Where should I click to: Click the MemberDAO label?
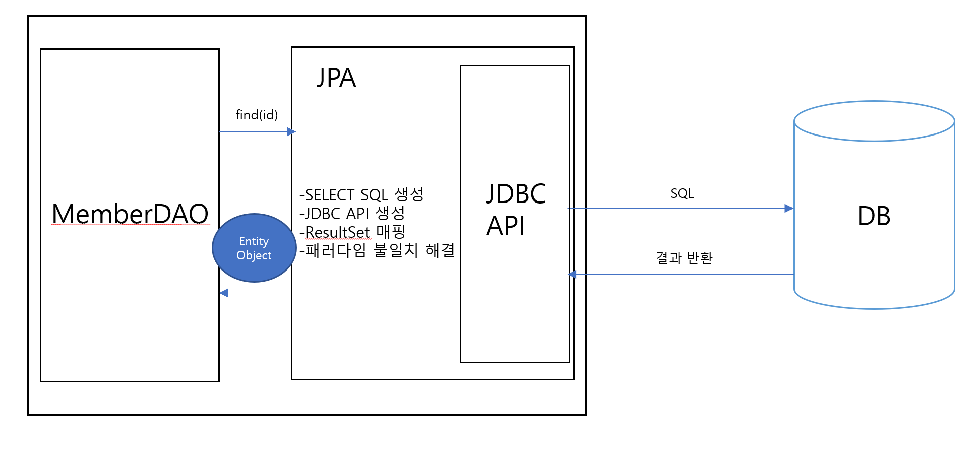[x=130, y=214]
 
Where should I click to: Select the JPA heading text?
[x=336, y=78]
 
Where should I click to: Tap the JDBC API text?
[x=516, y=209]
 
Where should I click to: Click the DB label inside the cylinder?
[x=874, y=217]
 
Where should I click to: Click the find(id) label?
[x=257, y=115]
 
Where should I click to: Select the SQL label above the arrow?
[x=682, y=194]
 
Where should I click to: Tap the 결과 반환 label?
[x=684, y=258]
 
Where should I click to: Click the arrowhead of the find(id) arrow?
[x=291, y=132]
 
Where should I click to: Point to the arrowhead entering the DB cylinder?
[x=789, y=209]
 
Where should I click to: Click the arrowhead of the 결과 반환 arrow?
[x=572, y=275]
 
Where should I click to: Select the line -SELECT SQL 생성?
[x=361, y=195]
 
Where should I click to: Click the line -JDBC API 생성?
[x=352, y=214]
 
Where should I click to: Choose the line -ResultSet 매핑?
[x=352, y=232]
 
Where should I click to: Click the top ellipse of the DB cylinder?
[x=874, y=121]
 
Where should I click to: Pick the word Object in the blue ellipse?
[x=254, y=256]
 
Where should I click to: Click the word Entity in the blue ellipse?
[x=254, y=242]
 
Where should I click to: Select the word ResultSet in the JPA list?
[x=337, y=232]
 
